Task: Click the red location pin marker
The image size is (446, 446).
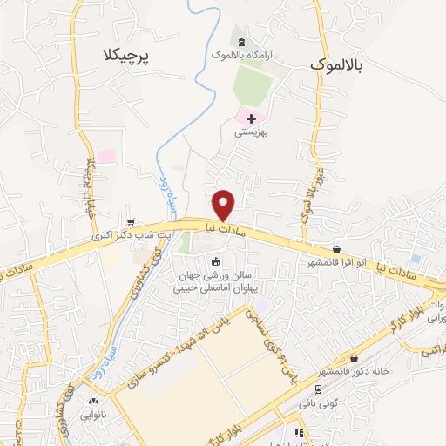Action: pos(224,204)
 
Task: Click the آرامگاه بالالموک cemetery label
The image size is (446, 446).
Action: pos(241,54)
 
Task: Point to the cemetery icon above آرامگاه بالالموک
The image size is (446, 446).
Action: pos(241,42)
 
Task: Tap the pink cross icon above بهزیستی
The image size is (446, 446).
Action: pos(252,118)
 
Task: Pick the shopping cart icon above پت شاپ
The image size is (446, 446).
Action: pos(130,222)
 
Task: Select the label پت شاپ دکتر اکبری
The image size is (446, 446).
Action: pos(130,235)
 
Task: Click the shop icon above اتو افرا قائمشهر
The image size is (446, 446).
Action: pos(336,249)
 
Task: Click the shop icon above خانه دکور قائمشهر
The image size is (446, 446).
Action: pos(354,358)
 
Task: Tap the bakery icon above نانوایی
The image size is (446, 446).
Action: pos(93,402)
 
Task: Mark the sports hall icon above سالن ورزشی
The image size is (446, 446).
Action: pos(216,260)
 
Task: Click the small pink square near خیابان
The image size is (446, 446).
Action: pos(106,157)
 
